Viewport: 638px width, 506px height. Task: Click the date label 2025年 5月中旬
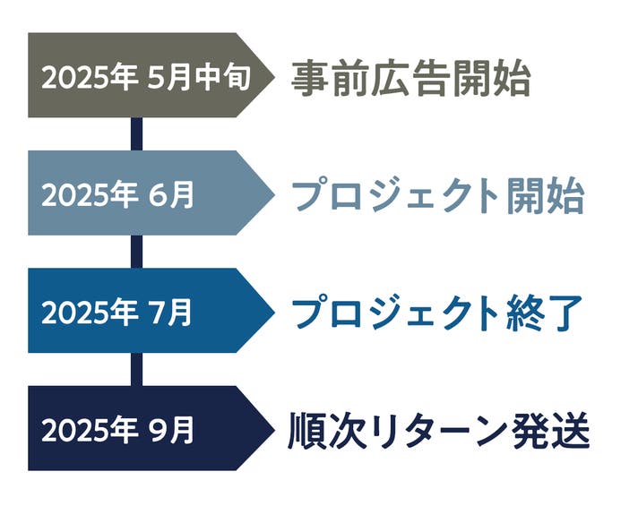(146, 77)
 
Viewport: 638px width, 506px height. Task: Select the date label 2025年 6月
(118, 195)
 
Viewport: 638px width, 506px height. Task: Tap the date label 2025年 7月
(116, 313)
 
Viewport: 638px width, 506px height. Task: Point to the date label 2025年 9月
(118, 431)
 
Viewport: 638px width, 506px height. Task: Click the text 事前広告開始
(411, 78)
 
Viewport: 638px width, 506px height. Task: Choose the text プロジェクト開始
(438, 195)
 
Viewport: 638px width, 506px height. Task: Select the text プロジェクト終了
(437, 313)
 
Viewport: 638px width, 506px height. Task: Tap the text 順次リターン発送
(439, 431)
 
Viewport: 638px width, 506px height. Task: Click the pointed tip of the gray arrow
(275, 75)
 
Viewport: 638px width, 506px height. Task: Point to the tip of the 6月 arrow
(275, 193)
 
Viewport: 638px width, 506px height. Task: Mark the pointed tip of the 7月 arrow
(275, 311)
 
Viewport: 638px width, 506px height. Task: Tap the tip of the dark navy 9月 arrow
(275, 428)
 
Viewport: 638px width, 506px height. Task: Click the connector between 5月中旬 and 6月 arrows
(137, 134)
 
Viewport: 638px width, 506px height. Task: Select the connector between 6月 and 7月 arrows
(137, 252)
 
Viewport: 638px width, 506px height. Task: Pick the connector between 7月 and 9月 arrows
(137, 369)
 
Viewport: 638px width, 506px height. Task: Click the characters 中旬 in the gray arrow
(222, 77)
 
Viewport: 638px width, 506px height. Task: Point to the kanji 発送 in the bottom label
(551, 431)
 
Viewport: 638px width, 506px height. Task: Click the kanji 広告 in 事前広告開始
(411, 78)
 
